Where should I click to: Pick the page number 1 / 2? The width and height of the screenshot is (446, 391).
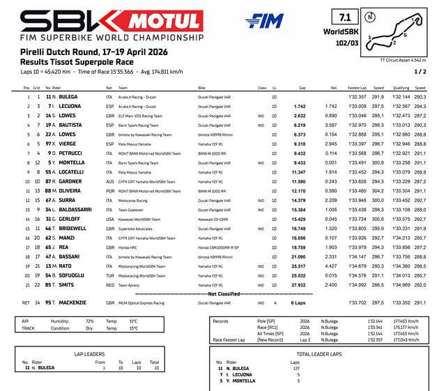pyautogui.click(x=420, y=71)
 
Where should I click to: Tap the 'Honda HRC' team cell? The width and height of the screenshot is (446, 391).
pyautogui.click(x=130, y=247)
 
